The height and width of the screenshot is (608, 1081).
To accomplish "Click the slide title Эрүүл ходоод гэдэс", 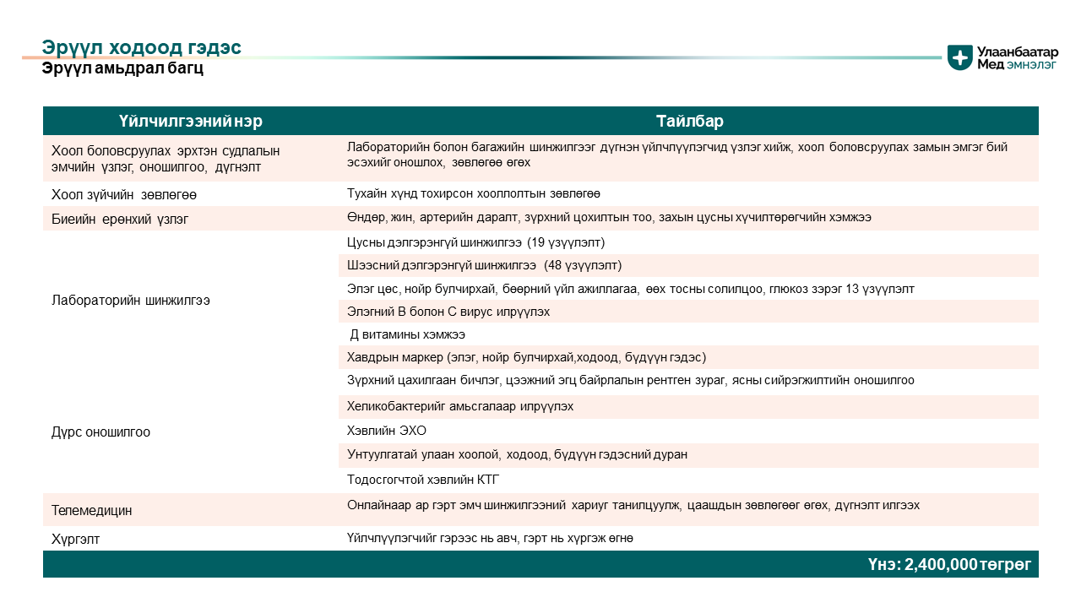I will (x=141, y=47).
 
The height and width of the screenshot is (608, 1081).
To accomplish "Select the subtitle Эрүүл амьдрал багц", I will (x=122, y=68).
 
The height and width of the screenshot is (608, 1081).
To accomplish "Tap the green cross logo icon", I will (x=959, y=57).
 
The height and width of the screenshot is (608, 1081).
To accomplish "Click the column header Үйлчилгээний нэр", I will (x=190, y=121).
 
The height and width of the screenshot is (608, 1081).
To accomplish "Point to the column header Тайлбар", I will (x=689, y=121).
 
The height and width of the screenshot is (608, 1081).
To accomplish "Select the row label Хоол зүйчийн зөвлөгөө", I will (x=124, y=194).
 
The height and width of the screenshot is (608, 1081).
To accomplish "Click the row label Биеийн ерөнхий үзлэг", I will (x=120, y=218).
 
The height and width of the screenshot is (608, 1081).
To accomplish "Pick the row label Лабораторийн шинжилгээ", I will (x=131, y=300).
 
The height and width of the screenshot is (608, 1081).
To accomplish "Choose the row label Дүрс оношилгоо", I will (x=100, y=432).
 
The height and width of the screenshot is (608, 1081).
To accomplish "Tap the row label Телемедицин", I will (x=91, y=511).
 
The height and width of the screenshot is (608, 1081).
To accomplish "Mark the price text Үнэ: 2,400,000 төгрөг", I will (x=949, y=564).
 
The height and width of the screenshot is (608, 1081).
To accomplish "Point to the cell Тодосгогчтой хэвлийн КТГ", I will (x=423, y=480).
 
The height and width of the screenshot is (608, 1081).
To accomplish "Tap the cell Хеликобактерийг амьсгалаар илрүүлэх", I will (x=460, y=406).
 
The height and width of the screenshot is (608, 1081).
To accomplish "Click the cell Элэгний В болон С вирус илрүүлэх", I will (x=448, y=312).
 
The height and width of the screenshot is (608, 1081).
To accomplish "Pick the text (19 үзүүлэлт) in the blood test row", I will (x=566, y=242).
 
